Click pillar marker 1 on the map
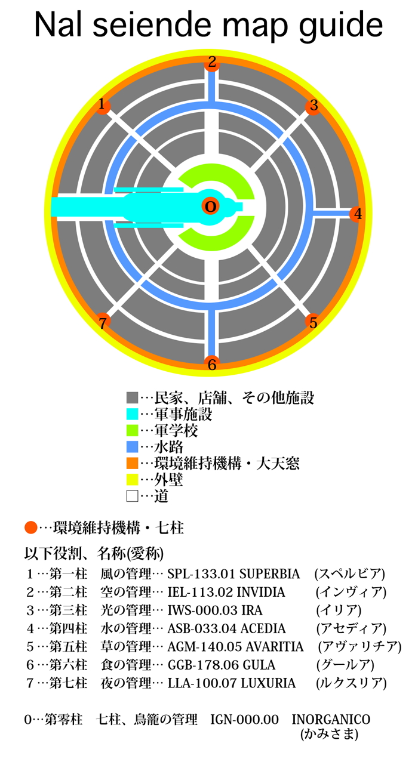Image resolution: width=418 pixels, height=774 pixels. pos(103,106)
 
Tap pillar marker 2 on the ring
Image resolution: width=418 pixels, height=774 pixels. pos(212,61)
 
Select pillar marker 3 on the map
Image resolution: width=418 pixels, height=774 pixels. pos(314,107)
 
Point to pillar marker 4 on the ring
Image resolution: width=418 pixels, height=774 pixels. pos(357,214)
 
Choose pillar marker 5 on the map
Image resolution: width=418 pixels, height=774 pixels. pos(314,322)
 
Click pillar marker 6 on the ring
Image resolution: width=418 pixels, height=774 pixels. pos(212,364)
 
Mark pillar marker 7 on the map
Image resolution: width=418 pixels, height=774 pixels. pos(103,322)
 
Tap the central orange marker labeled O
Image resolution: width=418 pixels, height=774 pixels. pos(210,206)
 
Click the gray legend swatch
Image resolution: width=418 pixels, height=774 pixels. pos(133,397)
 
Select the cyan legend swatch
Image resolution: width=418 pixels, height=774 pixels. pos(133,414)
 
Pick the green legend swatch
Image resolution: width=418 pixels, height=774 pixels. pos(133,430)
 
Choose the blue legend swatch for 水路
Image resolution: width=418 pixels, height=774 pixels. pos(133,446)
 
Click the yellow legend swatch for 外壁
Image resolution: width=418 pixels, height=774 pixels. pos(133,479)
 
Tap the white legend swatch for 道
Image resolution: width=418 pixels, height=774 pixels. pos(133,495)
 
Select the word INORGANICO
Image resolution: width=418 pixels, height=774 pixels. pos(331,720)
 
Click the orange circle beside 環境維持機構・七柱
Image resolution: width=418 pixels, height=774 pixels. pos(30,528)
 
